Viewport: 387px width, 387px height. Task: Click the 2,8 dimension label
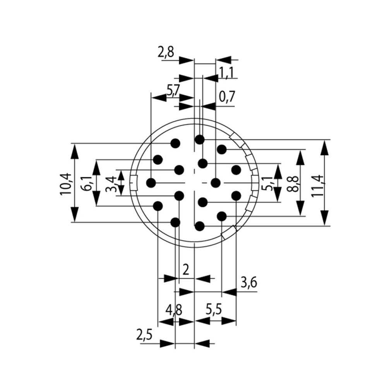click(166, 52)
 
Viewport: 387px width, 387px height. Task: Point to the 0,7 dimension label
click(227, 97)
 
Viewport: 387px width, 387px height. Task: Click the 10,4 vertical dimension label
click(65, 183)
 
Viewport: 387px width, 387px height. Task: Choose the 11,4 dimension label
click(318, 183)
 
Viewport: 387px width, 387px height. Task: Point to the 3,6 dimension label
click(249, 283)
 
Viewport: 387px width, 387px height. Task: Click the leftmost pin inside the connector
click(151, 182)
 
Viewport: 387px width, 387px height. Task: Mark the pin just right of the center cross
click(216, 182)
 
